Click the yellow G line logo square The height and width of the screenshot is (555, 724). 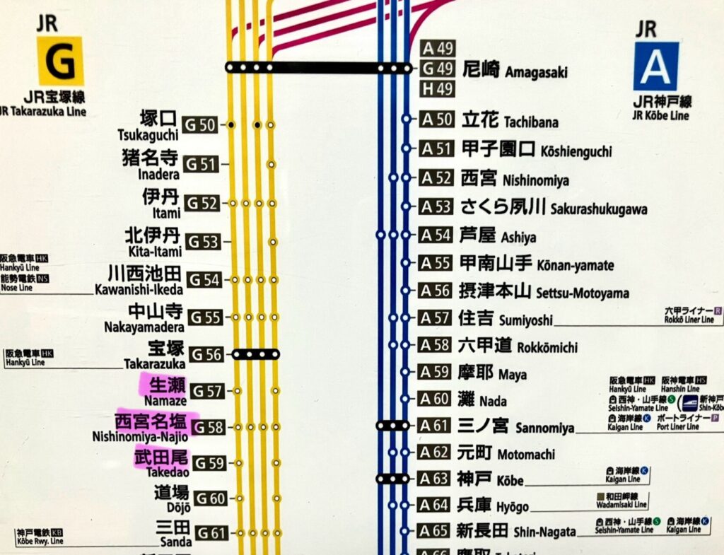tap(60, 62)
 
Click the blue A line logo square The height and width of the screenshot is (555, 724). tap(655, 66)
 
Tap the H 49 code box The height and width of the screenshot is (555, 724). tap(438, 90)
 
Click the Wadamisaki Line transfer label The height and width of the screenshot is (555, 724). tap(621, 500)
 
